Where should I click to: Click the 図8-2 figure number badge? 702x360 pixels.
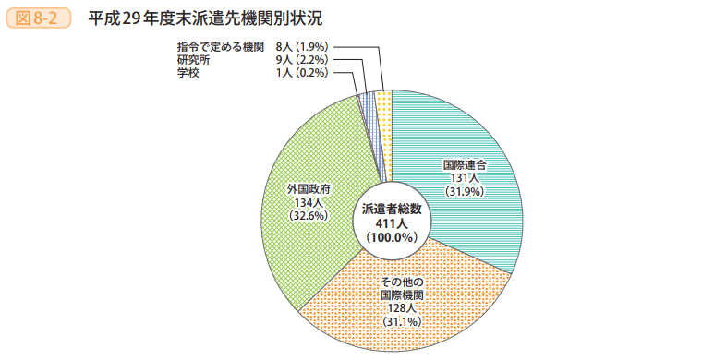[x=38, y=17]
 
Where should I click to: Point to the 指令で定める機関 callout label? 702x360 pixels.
[x=221, y=46]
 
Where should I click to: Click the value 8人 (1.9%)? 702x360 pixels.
[x=302, y=46]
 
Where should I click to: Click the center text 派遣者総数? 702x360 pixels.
[x=392, y=210]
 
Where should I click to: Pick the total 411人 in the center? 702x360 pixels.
[x=392, y=223]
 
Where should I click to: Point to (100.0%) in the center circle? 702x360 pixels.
[x=392, y=237]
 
